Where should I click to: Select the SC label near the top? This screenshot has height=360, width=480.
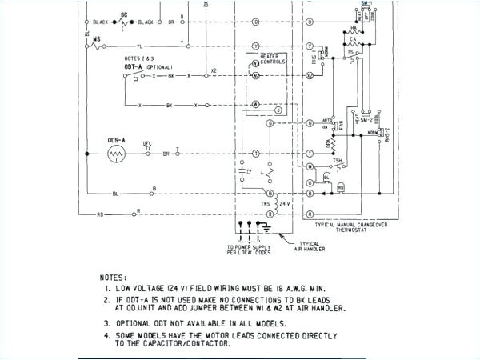(x=122, y=14)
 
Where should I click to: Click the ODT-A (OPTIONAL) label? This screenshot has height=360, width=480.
(x=143, y=66)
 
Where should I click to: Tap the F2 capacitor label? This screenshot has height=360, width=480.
(x=249, y=171)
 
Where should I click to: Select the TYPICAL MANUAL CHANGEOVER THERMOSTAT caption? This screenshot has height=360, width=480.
(x=356, y=227)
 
